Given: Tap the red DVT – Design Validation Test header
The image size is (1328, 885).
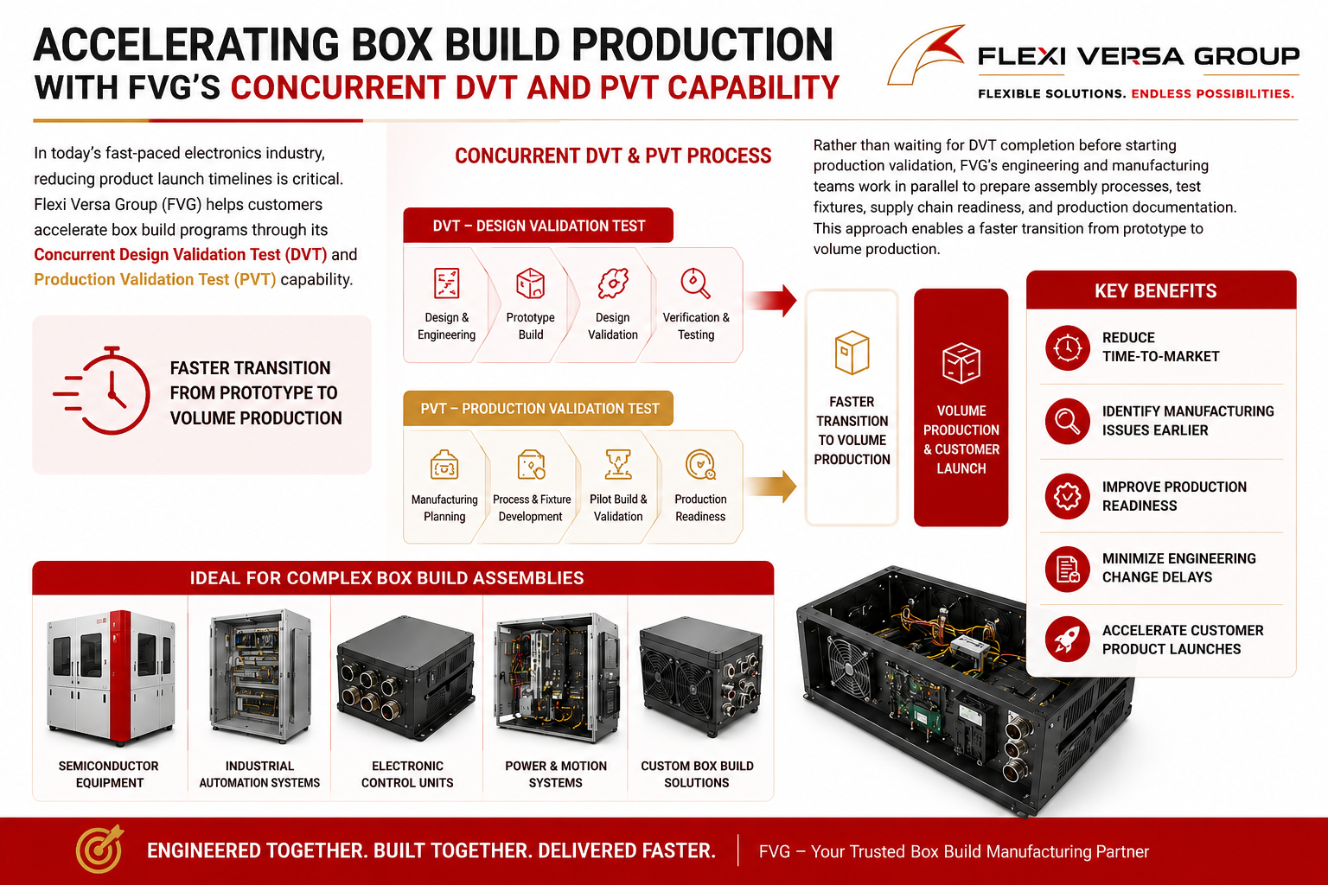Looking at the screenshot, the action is pyautogui.click(x=539, y=226).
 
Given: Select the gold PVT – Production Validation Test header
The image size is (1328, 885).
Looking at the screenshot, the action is pyautogui.click(x=539, y=409).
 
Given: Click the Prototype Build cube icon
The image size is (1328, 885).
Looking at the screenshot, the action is pyautogui.click(x=531, y=283).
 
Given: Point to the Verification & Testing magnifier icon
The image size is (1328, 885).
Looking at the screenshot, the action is pyautogui.click(x=695, y=283).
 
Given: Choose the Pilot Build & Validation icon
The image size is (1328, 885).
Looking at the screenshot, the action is pyautogui.click(x=618, y=464).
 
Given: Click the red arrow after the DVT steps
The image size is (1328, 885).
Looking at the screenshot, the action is pyautogui.click(x=770, y=301).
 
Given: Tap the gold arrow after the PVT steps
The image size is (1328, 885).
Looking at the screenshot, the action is pyautogui.click(x=770, y=486).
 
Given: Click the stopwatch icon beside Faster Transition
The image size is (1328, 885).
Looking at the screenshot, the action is pyautogui.click(x=103, y=391).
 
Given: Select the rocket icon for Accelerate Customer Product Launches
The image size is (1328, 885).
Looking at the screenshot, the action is pyautogui.click(x=1067, y=640).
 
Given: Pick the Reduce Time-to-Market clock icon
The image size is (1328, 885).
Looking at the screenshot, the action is pyautogui.click(x=1067, y=347).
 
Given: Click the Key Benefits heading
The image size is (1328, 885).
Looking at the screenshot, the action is pyautogui.click(x=1155, y=291).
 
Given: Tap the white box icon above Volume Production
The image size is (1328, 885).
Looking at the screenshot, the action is pyautogui.click(x=961, y=363).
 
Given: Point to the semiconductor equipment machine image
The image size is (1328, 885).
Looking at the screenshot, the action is pyautogui.click(x=111, y=677).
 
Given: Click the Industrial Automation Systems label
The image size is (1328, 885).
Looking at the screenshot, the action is pyautogui.click(x=259, y=774).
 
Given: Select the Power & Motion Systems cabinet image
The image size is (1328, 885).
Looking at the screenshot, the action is pyautogui.click(x=556, y=677).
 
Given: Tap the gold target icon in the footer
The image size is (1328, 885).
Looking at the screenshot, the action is pyautogui.click(x=99, y=849).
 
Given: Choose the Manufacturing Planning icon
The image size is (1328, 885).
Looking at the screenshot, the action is pyautogui.click(x=444, y=464).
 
